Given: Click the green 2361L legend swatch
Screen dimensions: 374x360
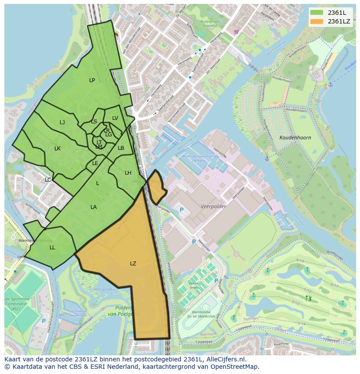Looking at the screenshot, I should tap(317, 13).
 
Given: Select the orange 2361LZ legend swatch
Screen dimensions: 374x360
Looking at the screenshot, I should tap(317, 21).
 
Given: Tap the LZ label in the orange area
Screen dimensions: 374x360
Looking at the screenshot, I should tap(133, 264).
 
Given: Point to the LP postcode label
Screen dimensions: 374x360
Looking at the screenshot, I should tap(92, 80).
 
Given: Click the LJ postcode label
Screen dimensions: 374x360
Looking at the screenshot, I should tap(62, 122).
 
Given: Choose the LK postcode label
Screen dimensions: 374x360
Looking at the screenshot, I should tap(57, 149).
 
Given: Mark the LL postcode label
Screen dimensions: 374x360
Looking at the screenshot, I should tap(52, 248).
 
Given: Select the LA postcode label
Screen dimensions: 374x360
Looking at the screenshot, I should tap(93, 207).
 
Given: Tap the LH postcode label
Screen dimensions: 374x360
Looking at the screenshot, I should tap(128, 173).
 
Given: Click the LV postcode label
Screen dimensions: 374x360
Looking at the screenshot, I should tap(115, 118).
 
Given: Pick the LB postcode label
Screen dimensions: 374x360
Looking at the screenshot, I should tap(121, 148).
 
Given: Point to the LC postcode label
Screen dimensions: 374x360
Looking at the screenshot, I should tap(48, 180).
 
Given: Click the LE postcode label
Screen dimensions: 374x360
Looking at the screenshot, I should tap(95, 163).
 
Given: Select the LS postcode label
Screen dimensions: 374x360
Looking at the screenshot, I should tap(94, 122).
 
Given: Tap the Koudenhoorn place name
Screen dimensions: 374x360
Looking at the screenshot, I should tap(295, 138).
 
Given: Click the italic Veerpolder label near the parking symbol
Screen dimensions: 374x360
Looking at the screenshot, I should tap(213, 207).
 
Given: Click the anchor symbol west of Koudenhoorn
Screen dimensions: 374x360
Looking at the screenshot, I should tap(267, 159).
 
